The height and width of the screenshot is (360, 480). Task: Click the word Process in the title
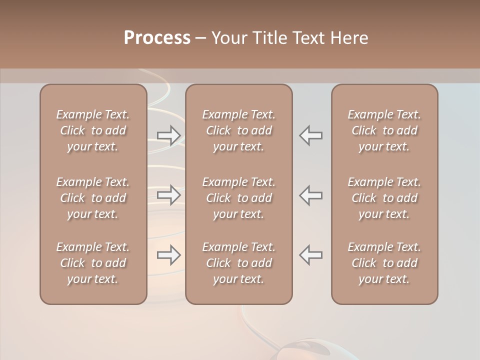[x=157, y=38]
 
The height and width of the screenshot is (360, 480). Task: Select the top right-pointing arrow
[x=169, y=135]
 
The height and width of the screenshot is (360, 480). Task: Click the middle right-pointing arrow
[x=169, y=195]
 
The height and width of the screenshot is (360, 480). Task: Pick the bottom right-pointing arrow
[x=169, y=255]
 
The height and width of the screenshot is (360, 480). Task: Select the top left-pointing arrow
[x=311, y=135]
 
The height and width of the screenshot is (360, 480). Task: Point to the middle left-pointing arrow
[x=311, y=195]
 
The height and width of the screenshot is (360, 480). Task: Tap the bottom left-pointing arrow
[x=311, y=255]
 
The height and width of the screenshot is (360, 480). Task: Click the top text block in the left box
[x=93, y=130]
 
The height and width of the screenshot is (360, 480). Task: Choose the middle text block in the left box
[x=93, y=198]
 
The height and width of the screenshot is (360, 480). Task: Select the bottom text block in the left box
[x=93, y=263]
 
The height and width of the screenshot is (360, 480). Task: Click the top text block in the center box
[x=239, y=130]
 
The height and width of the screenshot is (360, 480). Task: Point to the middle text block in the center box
[x=239, y=198]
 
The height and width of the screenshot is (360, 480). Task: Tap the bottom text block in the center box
[x=239, y=263]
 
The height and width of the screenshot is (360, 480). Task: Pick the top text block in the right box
[x=384, y=130]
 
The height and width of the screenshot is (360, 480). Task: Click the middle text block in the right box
[x=384, y=198]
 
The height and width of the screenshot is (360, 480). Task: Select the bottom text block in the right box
[x=384, y=263]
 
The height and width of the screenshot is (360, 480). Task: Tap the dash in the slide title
[x=200, y=38]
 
